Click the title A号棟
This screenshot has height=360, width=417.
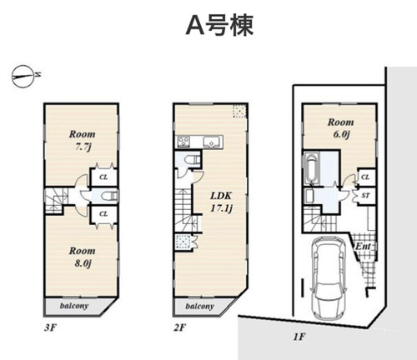click(x=219, y=26)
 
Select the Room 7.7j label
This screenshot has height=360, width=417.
click(x=82, y=140)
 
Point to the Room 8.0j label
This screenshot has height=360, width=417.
click(x=82, y=257)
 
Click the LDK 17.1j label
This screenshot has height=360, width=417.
click(x=221, y=202)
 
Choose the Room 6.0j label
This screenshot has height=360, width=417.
click(x=341, y=128)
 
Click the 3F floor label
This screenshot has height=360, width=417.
click(x=50, y=327)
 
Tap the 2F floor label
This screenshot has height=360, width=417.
click(x=179, y=327)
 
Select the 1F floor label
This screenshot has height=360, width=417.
click(x=299, y=337)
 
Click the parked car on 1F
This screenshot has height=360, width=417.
click(x=329, y=277)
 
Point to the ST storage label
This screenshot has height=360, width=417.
click(x=366, y=196)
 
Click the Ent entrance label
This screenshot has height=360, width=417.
click(x=364, y=247)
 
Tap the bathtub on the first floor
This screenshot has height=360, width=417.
click(x=311, y=168)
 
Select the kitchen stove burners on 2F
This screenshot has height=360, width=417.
click(x=183, y=141)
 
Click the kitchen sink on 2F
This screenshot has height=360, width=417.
click(x=212, y=142)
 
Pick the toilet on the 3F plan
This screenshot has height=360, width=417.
click(x=109, y=196)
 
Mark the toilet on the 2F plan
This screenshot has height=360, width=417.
click(x=193, y=160)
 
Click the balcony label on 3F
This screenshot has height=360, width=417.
click(x=74, y=306)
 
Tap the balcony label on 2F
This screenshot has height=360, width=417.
click(x=199, y=306)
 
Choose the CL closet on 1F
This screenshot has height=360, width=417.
click(x=365, y=177)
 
